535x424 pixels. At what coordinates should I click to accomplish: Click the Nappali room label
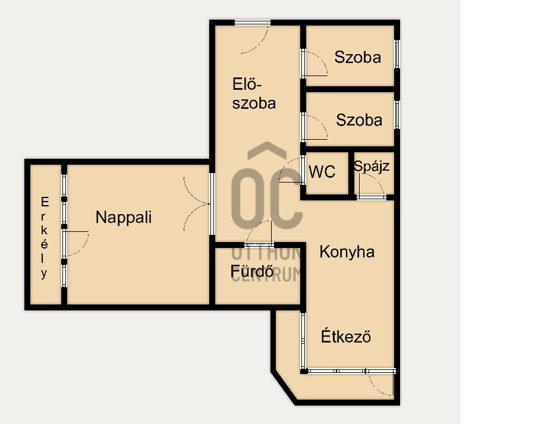coord(124,217)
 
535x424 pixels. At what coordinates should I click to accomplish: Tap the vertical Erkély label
coord(45,238)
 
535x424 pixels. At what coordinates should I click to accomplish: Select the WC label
coord(322,172)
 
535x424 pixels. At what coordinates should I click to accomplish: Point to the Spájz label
coord(371,167)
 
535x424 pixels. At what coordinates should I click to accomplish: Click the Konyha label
coord(347,252)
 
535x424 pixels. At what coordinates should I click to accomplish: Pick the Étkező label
coord(345,336)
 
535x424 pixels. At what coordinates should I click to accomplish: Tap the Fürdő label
coord(252,271)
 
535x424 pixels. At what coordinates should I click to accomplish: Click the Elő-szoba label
coord(254,93)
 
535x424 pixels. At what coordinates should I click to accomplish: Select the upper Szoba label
coord(358,57)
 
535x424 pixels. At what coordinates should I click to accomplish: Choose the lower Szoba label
coord(359,120)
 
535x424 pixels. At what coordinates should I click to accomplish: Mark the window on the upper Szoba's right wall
coord(397,54)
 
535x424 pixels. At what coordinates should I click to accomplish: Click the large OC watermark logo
coord(267,186)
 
